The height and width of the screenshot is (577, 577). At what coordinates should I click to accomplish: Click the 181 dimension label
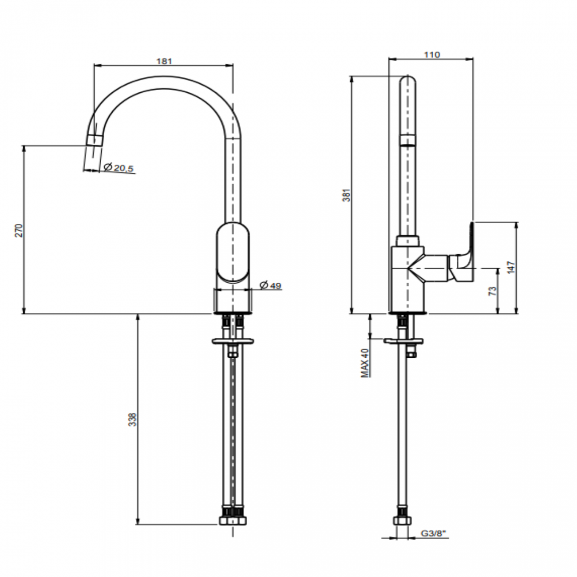164,61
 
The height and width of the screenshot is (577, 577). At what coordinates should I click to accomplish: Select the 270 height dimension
19,230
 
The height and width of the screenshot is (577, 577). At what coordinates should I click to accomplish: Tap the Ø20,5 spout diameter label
119,168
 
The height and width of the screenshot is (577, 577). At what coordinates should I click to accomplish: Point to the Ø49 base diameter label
270,285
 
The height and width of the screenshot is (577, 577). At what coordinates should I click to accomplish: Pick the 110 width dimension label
431,55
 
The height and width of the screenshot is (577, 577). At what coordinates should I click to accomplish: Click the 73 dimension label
492,292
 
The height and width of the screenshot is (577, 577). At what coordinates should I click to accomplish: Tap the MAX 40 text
365,363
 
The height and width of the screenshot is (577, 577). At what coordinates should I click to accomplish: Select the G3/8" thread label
432,534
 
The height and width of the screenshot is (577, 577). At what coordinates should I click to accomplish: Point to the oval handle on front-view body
233,253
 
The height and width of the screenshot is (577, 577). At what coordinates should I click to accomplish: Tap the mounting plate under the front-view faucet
234,341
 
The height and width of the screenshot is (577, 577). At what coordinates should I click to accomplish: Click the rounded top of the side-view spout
408,82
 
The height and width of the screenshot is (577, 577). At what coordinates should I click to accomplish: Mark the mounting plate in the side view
403,341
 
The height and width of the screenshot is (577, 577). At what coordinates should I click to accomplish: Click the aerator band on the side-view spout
408,141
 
